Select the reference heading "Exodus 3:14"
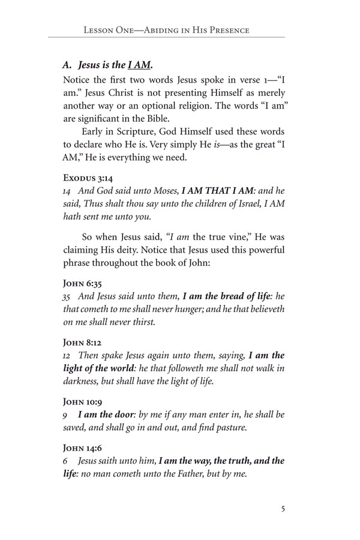pos(88,178)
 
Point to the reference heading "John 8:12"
pos(82,343)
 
